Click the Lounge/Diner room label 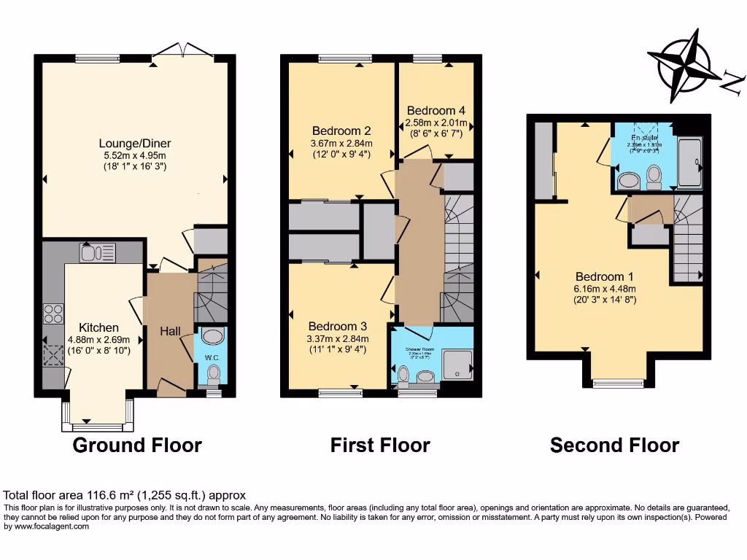pos(136,143)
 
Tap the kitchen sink pos(98,253)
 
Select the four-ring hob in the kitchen pos(54,313)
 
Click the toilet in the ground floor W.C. pos(213,373)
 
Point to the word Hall pos(170,331)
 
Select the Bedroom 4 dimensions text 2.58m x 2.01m pos(436,122)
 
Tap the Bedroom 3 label pos(338,326)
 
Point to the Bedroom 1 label pos(604,277)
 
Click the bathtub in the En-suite pos(689,164)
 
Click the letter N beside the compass pos(732,82)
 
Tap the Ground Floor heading pos(137,445)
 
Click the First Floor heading pos(380,445)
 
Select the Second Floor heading pos(614,445)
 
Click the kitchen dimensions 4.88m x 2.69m pos(98,339)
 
